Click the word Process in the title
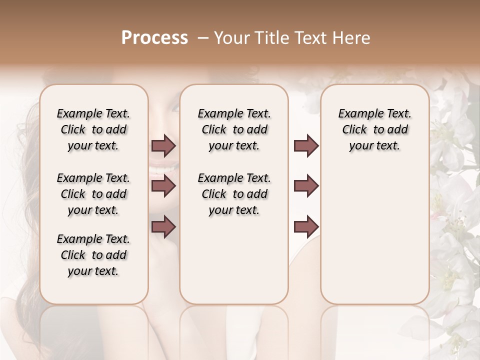(154, 38)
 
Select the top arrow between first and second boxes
(163, 146)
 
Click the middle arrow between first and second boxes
(163, 186)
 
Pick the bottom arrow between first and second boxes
(163, 226)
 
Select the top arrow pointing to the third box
(306, 146)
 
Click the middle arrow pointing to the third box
(306, 186)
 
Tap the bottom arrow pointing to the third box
(306, 226)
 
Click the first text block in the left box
(93, 129)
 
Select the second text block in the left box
(93, 194)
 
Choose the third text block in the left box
(93, 255)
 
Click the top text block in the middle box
(234, 129)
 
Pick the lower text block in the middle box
(234, 194)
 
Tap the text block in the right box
(374, 129)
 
